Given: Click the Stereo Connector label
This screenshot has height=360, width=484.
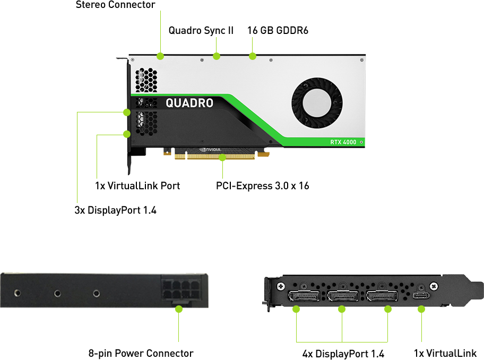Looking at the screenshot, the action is tap(115, 5).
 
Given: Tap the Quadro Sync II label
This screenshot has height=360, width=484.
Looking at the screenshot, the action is tap(201, 30).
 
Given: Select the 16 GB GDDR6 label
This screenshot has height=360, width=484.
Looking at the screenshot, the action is tap(278, 30).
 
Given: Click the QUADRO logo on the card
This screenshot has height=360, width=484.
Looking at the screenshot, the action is tap(189, 103).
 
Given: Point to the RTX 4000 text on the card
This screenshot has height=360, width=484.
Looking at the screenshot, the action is tap(343, 142).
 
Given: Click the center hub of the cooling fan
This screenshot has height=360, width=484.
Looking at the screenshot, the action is tap(317, 103).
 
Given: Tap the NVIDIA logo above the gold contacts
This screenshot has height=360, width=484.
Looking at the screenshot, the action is tap(210, 150).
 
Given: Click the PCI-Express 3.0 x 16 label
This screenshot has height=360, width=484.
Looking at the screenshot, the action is tap(262, 186).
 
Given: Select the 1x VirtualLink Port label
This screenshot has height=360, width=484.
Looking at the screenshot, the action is tap(137, 186).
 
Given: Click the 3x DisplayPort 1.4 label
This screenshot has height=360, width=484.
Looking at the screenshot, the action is tap(116, 210).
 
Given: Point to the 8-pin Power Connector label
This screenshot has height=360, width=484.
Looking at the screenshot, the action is tap(141, 353).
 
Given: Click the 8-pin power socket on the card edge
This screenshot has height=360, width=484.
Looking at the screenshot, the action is tap(180, 290).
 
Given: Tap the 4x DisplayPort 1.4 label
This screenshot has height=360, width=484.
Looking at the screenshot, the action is tap(343, 354).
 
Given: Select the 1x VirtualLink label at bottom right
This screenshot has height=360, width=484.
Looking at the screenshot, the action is tap(445, 353).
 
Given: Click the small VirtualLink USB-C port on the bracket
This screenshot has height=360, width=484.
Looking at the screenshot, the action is tap(421, 295).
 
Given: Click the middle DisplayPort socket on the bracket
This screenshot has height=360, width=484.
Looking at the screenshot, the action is tap(343, 296).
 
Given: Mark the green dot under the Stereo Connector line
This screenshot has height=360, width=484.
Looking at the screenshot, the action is tap(160, 56).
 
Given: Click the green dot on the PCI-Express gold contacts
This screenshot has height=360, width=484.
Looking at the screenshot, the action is tap(222, 157).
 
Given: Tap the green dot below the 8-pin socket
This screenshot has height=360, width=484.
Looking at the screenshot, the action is tap(179, 309).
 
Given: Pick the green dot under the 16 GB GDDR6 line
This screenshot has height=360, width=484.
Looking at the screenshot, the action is tap(253, 56).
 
